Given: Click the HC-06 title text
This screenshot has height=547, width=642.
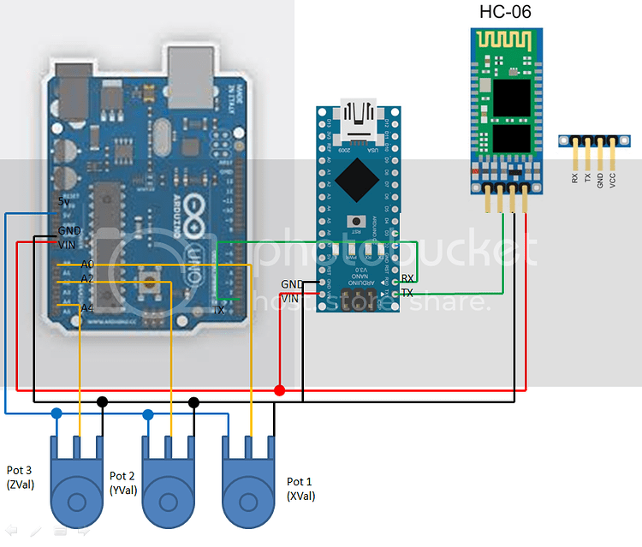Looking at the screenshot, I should pos(508,12).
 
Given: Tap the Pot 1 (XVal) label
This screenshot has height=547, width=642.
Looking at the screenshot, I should pos(300,488).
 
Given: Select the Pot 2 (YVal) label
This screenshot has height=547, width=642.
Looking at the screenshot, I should pos(122,483).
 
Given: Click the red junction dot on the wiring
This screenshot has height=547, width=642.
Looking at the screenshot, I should pos(279,390).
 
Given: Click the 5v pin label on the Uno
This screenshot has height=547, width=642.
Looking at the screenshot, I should pos(65,202).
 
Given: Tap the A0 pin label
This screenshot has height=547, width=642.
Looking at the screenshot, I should pos(87,265).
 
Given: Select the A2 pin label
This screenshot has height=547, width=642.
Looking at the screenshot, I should pos(87,279).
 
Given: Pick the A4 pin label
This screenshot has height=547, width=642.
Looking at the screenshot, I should pos(87,308).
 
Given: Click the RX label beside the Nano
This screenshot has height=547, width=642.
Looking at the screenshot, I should pos(408,278).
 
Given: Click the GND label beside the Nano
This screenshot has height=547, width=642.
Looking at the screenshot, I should pos(291,284).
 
